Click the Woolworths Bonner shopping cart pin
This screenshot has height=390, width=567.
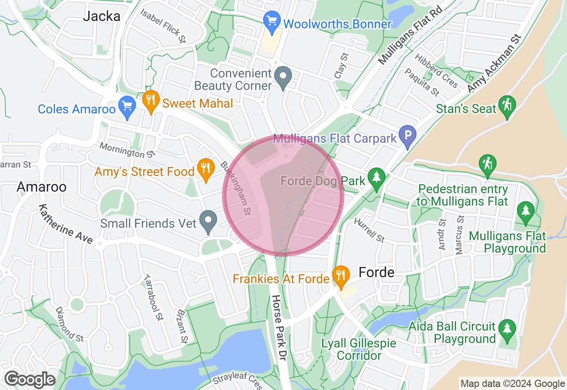tap(272, 20)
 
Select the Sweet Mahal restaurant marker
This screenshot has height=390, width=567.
tap(151, 101)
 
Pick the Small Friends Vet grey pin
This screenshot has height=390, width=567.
tap(208, 221)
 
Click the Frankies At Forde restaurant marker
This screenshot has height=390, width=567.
tap(340, 276)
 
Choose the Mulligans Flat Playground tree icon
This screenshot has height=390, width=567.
tap(526, 211)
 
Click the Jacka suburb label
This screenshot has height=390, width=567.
tap(102, 16)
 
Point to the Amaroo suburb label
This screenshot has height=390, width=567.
tap(42, 187)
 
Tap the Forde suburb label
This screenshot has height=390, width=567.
tap(377, 272)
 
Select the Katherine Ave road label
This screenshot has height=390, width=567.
tap(66, 224)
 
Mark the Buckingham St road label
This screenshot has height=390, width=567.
tap(236, 188)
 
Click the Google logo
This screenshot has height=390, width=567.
tap(30, 380)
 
